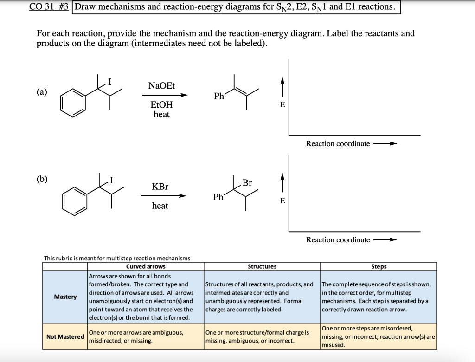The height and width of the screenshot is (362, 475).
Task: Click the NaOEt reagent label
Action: pyautogui.click(x=161, y=86)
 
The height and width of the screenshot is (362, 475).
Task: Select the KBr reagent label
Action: pyautogui.click(x=160, y=187)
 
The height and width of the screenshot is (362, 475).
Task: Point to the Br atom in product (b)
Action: pyautogui.click(x=247, y=183)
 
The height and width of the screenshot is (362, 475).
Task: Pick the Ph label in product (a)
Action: pyautogui.click(x=219, y=97)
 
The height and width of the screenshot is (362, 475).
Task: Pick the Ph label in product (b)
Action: pyautogui.click(x=219, y=197)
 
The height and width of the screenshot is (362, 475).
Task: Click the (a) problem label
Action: pyautogui.click(x=42, y=91)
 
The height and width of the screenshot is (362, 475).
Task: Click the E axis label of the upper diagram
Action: pyautogui.click(x=282, y=105)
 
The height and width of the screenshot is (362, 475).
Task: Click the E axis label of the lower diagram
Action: pyautogui.click(x=282, y=200)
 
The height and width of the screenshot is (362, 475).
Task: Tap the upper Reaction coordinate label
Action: pyautogui.click(x=338, y=143)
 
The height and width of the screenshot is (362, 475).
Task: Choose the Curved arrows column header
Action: pyautogui.click(x=146, y=266)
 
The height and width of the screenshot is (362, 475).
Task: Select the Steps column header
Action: pyautogui.click(x=379, y=266)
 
